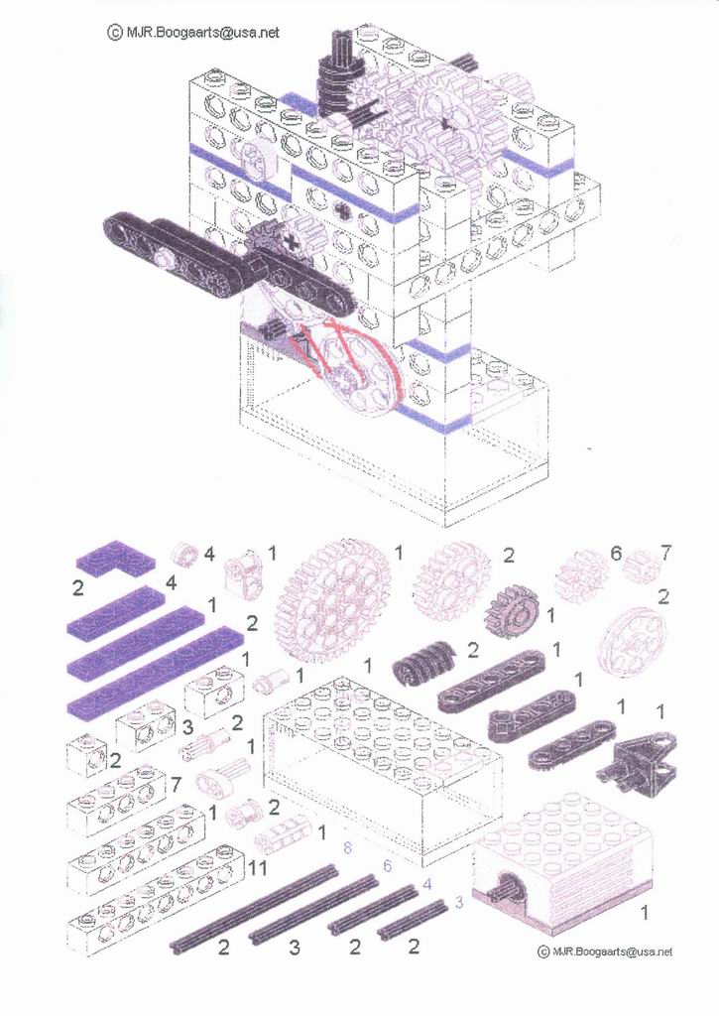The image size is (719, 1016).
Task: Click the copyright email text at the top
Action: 193,32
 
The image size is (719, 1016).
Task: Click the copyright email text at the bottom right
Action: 605,952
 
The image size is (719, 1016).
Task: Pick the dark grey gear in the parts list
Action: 512,610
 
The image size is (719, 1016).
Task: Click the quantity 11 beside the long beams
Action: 257,867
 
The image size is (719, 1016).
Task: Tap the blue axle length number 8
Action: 347,847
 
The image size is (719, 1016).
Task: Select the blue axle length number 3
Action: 458,901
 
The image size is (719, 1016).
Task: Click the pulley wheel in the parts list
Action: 632,639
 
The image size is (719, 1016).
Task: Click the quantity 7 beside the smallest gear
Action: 665,553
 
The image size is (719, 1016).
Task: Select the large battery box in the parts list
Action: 382,769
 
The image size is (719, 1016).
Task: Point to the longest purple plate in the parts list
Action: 157,674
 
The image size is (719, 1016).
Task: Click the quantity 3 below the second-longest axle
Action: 295,948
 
